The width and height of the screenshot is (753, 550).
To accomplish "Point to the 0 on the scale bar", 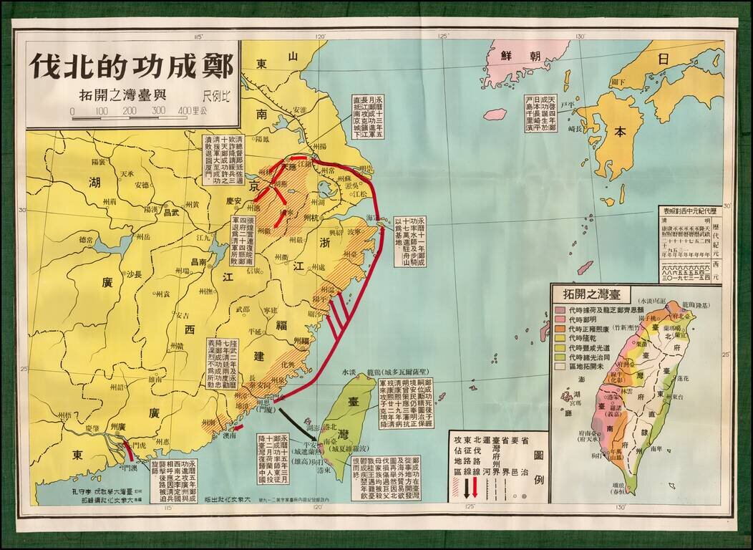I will [72, 111].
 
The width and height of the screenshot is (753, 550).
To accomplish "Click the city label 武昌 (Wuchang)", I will [170, 212].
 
